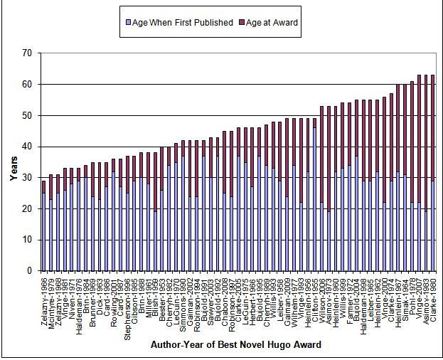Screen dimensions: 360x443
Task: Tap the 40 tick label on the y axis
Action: coord(28,147)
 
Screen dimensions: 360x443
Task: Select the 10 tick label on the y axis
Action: coord(28,240)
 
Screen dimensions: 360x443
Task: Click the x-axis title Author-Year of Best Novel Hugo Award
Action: coord(235,345)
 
